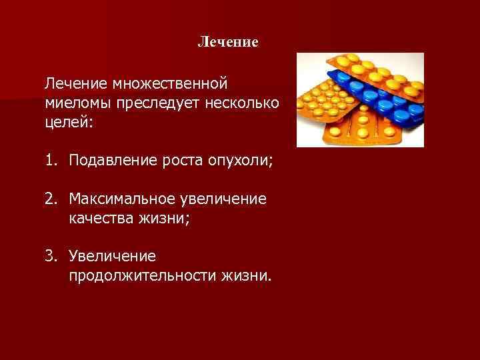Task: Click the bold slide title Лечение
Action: (x=228, y=42)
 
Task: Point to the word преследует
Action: (x=157, y=104)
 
